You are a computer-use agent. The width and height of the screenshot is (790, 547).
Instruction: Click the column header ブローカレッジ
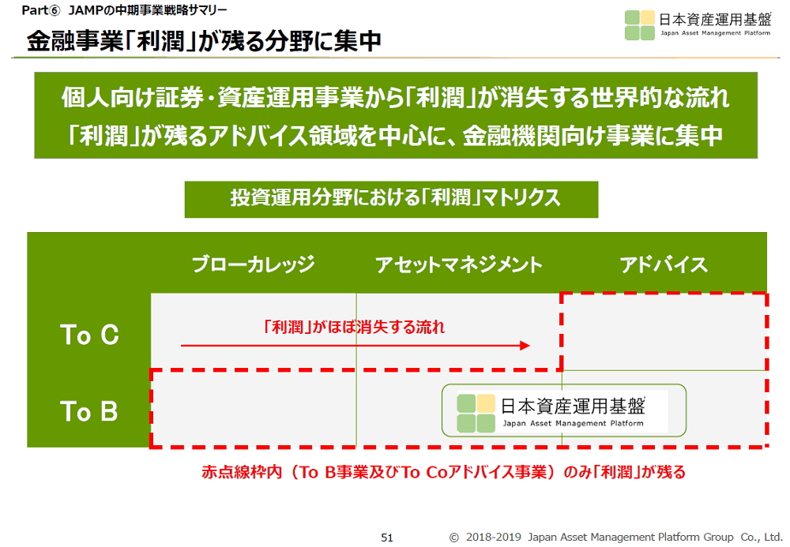254,264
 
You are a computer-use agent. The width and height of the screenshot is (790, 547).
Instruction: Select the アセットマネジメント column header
458,264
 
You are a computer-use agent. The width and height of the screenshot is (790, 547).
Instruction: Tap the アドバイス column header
664,264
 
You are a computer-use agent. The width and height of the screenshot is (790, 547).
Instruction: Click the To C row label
90,335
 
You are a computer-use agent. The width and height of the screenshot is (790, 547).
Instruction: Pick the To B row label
89,411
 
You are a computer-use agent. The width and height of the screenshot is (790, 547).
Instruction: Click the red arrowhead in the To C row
525,346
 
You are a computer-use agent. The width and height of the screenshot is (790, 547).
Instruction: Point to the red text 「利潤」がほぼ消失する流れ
354,327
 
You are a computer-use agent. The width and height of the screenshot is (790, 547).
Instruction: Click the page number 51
387,538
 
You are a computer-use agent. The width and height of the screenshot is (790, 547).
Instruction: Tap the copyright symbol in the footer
454,538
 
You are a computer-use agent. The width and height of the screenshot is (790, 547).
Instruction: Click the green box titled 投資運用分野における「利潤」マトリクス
392,199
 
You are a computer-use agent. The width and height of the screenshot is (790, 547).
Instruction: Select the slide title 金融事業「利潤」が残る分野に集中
204,41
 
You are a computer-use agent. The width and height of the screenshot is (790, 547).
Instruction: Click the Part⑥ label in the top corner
40,10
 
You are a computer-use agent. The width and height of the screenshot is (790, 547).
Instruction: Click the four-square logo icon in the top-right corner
640,25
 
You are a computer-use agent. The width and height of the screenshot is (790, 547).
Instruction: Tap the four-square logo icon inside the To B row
476,413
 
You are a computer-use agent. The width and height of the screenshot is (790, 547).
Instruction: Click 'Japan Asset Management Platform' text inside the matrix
574,423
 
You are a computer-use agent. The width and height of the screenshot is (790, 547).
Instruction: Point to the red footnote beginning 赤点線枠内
444,472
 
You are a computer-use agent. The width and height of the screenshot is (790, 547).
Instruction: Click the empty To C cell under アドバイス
664,332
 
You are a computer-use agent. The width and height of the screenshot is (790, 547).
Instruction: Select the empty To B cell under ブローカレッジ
254,409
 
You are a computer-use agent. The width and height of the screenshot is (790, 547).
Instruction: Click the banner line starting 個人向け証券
396,97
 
